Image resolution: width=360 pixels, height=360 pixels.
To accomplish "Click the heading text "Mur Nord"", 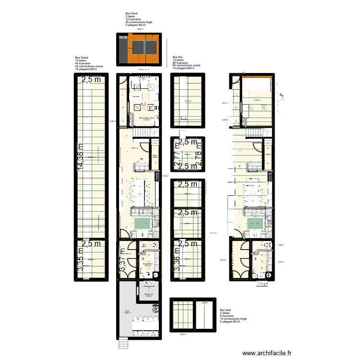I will click(x=131, y=13).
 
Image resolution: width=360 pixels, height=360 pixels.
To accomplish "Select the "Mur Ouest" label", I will click(x=82, y=57).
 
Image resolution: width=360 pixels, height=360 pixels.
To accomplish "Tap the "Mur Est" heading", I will click(x=178, y=57).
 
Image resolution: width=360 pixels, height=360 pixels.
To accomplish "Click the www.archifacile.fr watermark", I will click(x=267, y=353).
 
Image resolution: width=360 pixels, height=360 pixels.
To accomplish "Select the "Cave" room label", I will click(x=155, y=155).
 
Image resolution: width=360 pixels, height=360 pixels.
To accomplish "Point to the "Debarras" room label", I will click(x=149, y=294).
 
